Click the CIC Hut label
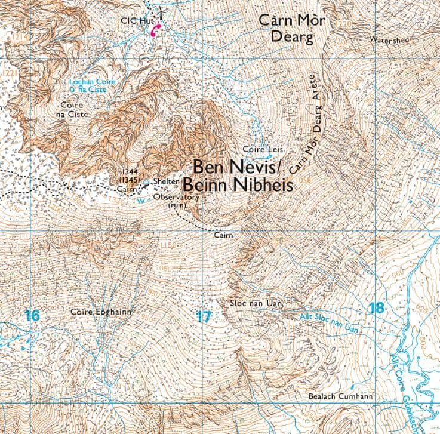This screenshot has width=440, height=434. coord(134,20)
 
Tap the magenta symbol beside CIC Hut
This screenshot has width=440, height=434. coord(156,31)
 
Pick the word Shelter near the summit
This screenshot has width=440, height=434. coord(166,181)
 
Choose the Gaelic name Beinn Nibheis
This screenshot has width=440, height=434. coord(237,185)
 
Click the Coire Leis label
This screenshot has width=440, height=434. coord(263,149)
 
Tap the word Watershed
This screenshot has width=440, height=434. coord(389,40)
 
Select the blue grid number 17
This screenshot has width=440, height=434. coord(204,316)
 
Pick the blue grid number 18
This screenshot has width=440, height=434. coord(376,308)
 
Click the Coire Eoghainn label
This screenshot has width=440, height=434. coord(100,312)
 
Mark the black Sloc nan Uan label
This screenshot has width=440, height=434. coord(254,304)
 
